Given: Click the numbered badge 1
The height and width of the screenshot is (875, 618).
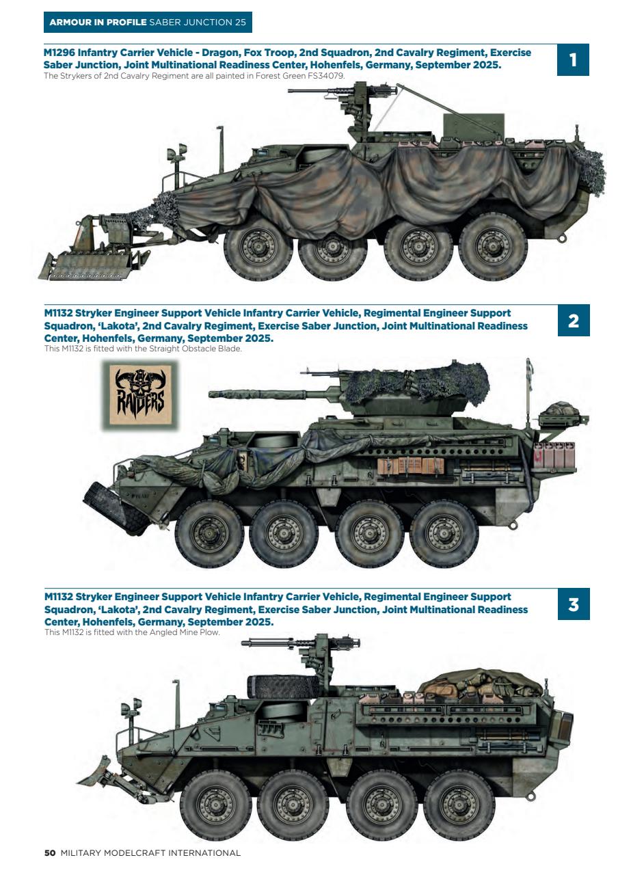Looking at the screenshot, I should [x=573, y=60].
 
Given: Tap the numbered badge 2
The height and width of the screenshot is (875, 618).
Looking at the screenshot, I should [x=573, y=321].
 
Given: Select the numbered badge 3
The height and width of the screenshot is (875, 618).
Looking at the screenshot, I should [x=573, y=605].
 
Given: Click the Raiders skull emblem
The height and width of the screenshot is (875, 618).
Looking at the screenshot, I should [x=139, y=396].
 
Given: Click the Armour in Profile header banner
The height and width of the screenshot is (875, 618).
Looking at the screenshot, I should [x=147, y=23].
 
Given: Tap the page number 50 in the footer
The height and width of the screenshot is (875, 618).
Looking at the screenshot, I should [x=49, y=852].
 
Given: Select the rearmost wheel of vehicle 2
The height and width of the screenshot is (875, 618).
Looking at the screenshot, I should [x=444, y=533].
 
